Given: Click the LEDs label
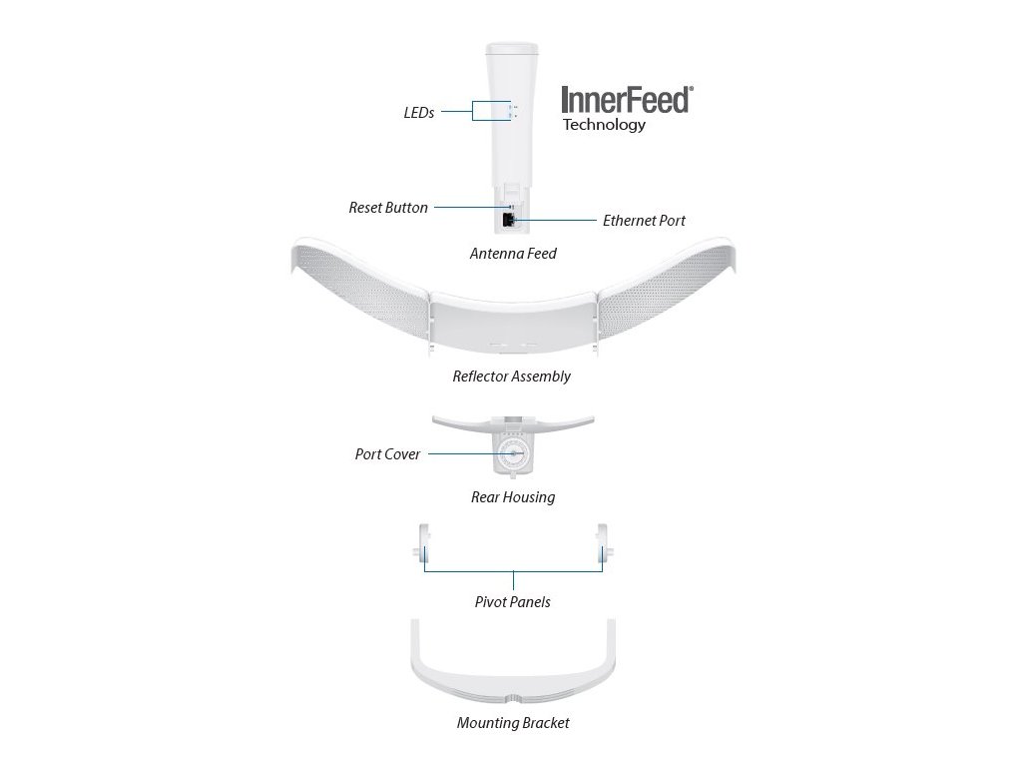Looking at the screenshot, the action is (x=419, y=113).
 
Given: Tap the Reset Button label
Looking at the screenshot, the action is (x=388, y=208).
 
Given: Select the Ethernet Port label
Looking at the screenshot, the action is (x=644, y=221).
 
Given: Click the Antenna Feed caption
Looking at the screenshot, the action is (x=513, y=254).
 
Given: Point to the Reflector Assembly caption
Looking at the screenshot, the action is (x=511, y=377).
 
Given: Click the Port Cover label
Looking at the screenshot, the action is (x=388, y=454).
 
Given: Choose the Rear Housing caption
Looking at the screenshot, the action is (x=513, y=496).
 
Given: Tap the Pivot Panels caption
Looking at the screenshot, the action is (x=512, y=602).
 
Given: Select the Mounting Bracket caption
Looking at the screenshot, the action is (x=513, y=723).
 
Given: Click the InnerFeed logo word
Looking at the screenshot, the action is (x=626, y=100).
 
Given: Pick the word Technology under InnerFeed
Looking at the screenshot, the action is (x=604, y=125).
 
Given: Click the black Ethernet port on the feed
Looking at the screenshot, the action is (x=508, y=220).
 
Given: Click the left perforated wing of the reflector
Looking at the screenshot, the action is (x=354, y=290).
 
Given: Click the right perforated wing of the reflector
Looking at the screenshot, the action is (x=672, y=290).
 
